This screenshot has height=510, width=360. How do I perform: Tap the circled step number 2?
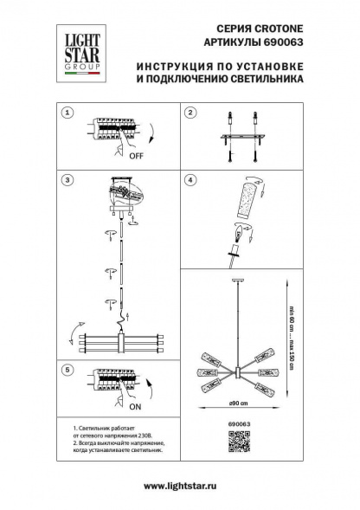tap(192, 113)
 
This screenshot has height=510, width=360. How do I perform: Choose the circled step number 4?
tap(192, 180)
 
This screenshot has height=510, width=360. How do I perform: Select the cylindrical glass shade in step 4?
tap(248, 203)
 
